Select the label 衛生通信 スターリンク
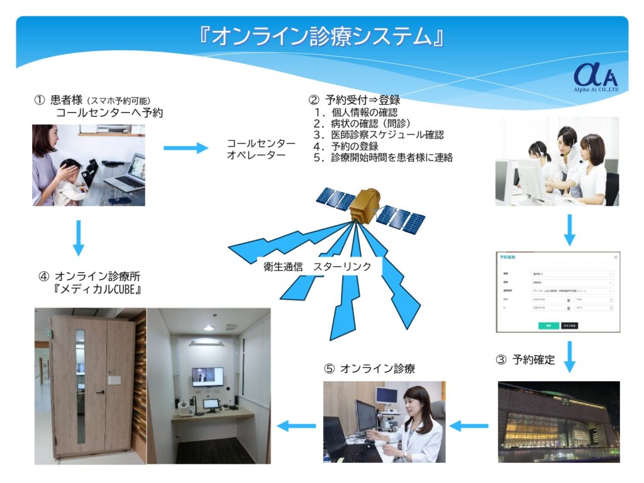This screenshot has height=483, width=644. (x=318, y=266)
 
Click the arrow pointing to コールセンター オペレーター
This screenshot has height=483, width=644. (x=186, y=148)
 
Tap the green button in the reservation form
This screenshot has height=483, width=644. (x=548, y=326)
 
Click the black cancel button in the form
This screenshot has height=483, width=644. (x=569, y=326)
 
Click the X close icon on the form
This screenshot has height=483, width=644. (x=615, y=257)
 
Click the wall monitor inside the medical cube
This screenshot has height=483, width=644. (x=208, y=376)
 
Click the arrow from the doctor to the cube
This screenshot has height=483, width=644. (x=296, y=426)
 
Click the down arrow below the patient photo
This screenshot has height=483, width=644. (x=79, y=237)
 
